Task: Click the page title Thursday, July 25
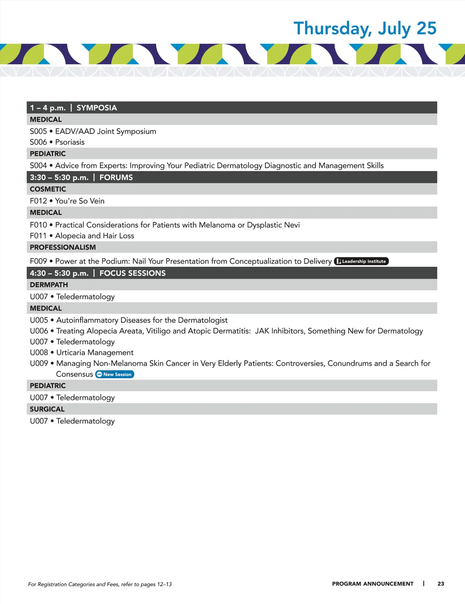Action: [x=365, y=29]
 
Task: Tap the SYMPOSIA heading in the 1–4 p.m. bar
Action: [x=96, y=108]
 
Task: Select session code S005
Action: [x=38, y=131]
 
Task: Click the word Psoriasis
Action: [x=70, y=142]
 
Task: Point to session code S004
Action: [x=38, y=166]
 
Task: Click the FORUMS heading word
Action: [x=116, y=178]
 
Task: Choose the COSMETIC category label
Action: [x=48, y=189]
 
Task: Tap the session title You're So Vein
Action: [x=80, y=201]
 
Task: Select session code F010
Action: [x=38, y=225]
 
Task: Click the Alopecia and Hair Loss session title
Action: [x=95, y=236]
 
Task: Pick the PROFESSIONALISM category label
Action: [x=63, y=247]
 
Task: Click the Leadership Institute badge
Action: [x=361, y=261]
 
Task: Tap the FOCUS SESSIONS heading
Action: [x=133, y=273]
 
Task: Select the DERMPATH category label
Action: [x=49, y=285]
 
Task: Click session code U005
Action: [x=39, y=320]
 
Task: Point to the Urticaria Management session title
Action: [x=95, y=353]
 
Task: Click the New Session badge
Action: [x=115, y=374]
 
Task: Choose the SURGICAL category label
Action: [x=47, y=409]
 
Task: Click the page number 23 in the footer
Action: [x=441, y=584]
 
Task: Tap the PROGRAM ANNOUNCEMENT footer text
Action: [x=372, y=584]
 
